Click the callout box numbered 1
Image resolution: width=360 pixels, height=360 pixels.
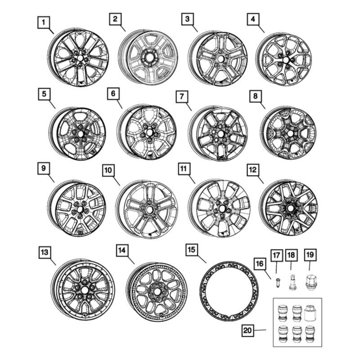click(x=44, y=21)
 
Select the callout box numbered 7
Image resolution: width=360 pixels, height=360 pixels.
click(x=180, y=96)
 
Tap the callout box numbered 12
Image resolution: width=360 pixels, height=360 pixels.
click(x=252, y=169)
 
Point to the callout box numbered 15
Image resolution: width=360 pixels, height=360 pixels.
click(x=191, y=249)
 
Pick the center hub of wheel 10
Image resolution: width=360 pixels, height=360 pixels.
click(x=148, y=210)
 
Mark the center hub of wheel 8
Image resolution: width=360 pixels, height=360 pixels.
click(x=289, y=134)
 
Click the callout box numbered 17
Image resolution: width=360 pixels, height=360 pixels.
click(x=276, y=256)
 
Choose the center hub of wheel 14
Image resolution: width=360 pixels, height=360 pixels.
click(x=158, y=292)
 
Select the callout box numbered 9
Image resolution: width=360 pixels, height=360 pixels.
click(x=44, y=168)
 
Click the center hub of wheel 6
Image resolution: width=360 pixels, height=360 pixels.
click(x=148, y=134)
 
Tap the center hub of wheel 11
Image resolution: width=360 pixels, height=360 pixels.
click(x=222, y=210)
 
